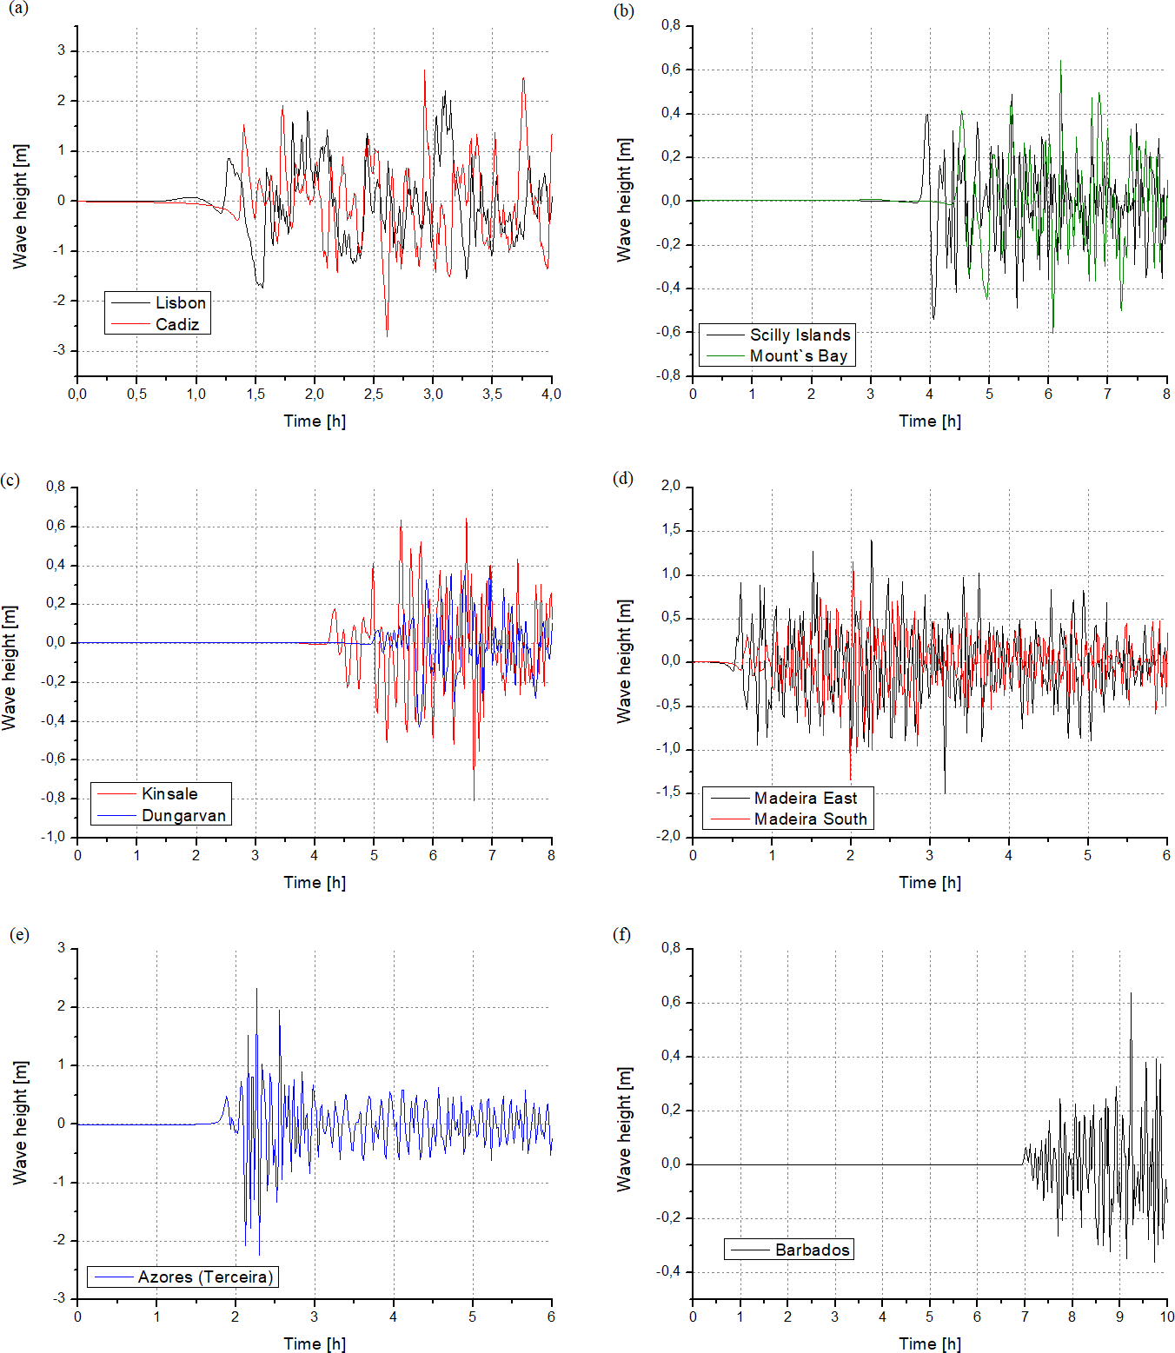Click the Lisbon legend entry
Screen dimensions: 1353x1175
(x=180, y=302)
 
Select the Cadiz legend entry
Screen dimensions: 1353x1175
(x=177, y=324)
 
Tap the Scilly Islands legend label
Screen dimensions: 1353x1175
(x=800, y=335)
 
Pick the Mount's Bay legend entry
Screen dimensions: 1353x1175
(x=798, y=355)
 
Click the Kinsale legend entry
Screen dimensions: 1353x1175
(x=169, y=793)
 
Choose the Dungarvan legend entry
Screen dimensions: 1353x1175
(x=183, y=815)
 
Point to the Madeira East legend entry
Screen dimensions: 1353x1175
(x=805, y=798)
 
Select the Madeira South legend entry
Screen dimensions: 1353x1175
(x=810, y=819)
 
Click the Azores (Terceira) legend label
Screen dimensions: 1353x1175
(x=205, y=1277)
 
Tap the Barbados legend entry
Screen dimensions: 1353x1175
(x=812, y=1250)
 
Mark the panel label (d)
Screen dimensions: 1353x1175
(x=623, y=478)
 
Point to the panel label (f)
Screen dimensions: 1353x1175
(x=622, y=934)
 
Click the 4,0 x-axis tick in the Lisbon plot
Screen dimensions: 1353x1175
(x=551, y=394)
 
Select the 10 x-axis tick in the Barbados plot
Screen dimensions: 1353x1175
(x=1166, y=1317)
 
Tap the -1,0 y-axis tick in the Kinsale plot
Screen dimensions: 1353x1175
(x=55, y=836)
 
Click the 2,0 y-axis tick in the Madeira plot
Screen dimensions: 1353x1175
(x=670, y=485)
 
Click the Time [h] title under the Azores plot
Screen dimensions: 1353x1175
(x=315, y=1343)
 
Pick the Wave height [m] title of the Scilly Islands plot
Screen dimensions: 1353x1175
(x=624, y=200)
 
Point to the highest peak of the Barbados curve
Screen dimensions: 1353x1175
(x=1131, y=993)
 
